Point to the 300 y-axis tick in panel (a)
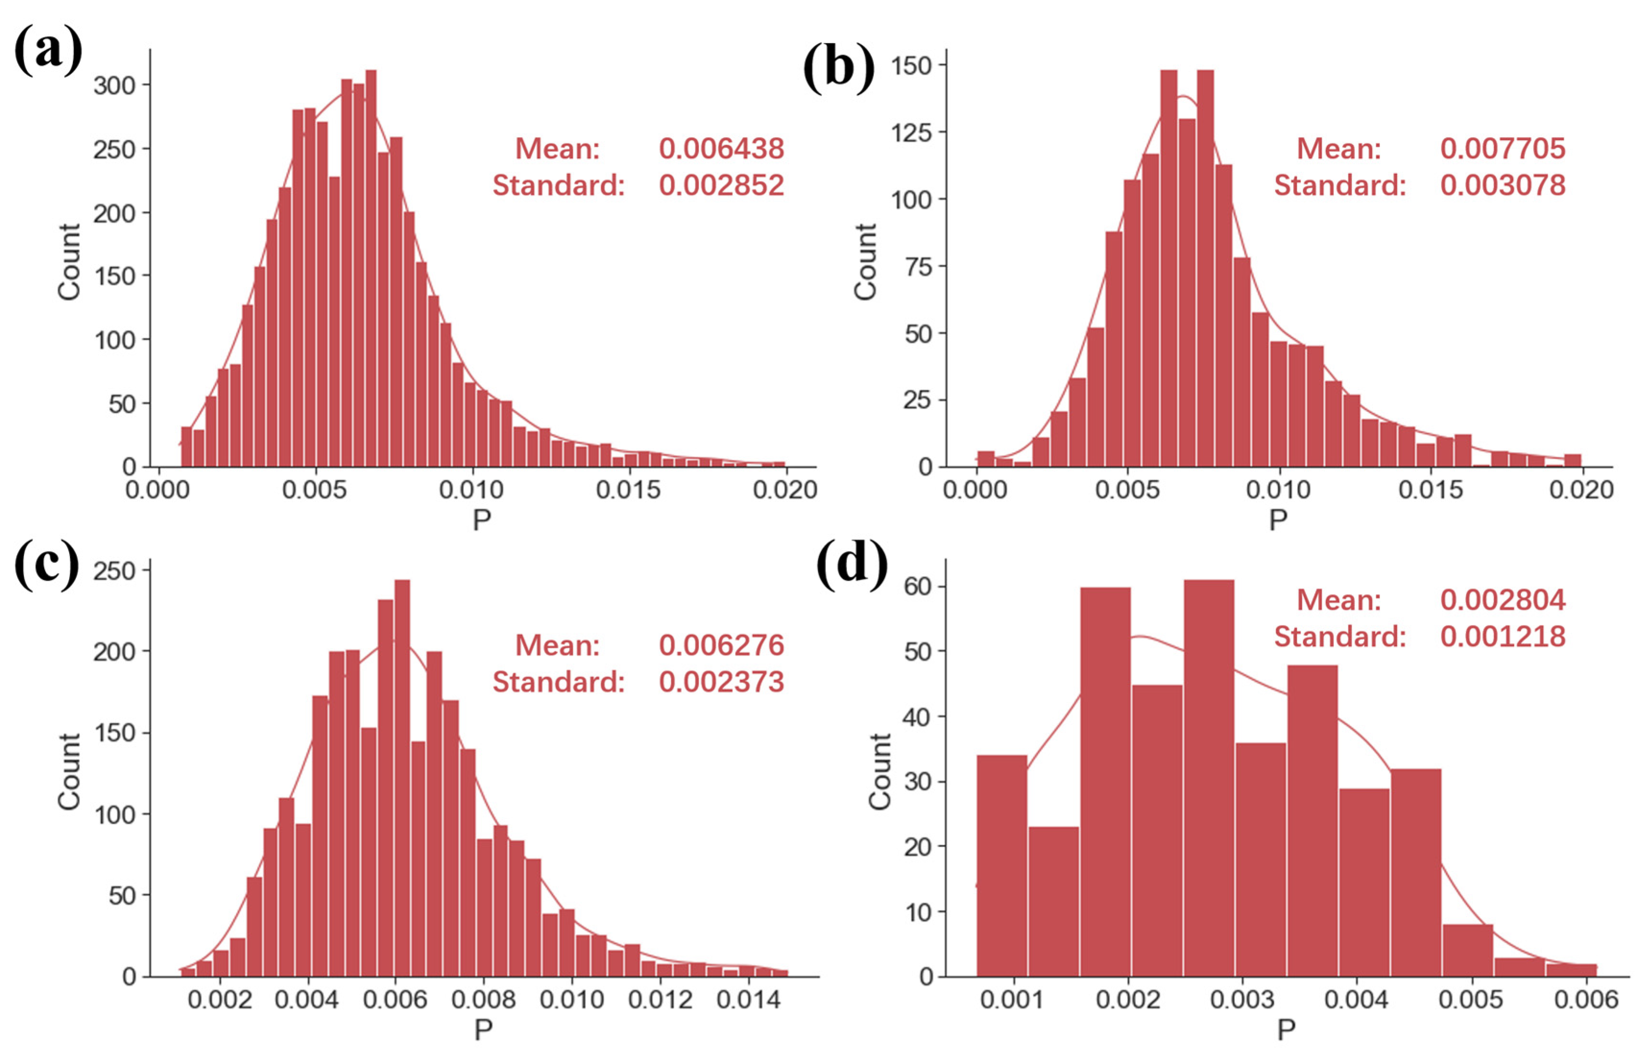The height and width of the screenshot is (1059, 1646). click(x=115, y=85)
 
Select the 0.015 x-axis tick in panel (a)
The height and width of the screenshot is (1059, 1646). click(x=628, y=490)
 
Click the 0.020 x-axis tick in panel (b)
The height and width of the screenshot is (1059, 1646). click(x=1581, y=490)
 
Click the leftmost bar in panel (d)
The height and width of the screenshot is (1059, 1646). click(x=1002, y=866)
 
